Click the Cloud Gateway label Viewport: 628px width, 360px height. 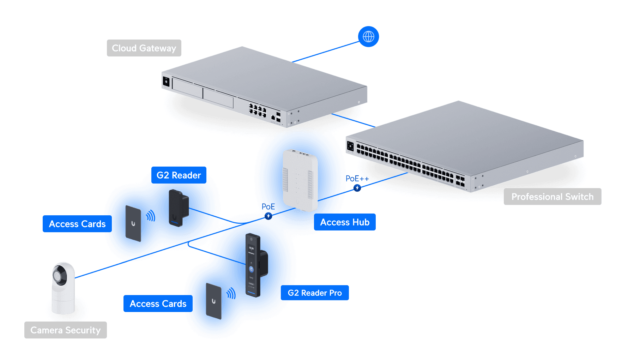point(144,48)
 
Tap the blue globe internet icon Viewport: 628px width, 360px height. point(368,36)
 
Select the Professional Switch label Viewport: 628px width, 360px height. point(552,197)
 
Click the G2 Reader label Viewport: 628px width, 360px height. point(179,175)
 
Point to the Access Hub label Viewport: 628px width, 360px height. point(345,222)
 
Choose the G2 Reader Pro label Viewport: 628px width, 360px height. point(315,293)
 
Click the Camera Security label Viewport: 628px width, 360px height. point(65,330)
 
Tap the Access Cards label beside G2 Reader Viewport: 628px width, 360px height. point(77,224)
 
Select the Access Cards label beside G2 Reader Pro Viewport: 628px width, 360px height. point(158,304)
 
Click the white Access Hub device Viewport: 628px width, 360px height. point(300,180)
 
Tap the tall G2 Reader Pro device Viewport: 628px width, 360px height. point(253,265)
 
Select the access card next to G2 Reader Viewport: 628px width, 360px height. point(133,223)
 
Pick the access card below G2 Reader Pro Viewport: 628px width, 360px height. point(213,301)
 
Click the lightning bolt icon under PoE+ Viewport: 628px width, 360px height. point(357,188)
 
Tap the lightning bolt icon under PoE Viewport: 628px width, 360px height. point(268,216)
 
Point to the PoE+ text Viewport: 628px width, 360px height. point(354,179)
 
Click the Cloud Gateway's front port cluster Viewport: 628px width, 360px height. point(258,110)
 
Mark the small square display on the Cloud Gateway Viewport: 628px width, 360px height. point(166,82)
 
